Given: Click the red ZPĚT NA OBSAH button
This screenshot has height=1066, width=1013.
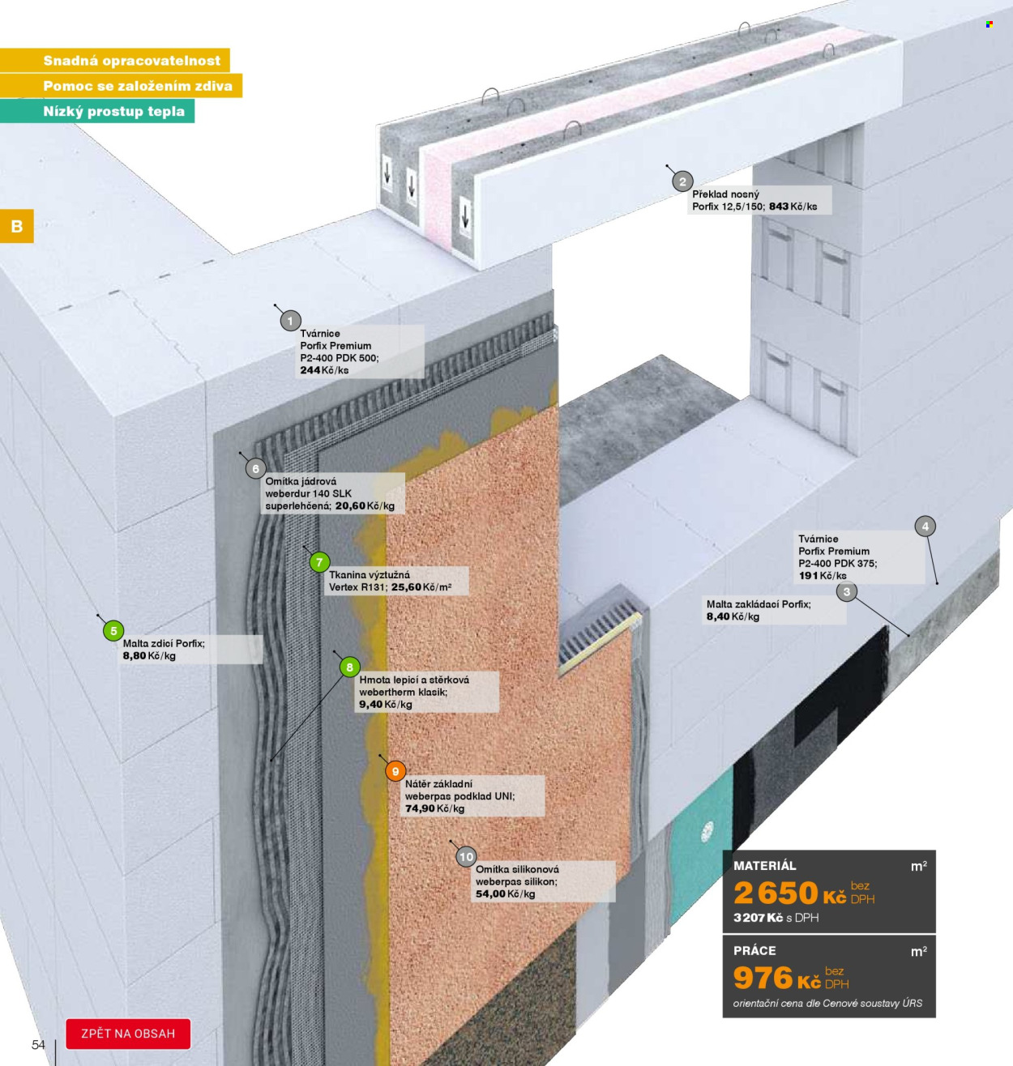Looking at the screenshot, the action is click(128, 1034).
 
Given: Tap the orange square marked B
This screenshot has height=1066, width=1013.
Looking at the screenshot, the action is click(17, 226).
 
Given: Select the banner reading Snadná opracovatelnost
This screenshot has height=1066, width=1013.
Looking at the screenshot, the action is click(114, 60).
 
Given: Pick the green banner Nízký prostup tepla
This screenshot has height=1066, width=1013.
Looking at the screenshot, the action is click(97, 111).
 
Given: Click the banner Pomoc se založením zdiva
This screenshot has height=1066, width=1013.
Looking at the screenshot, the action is click(121, 86).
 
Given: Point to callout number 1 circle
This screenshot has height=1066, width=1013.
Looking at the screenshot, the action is click(290, 321).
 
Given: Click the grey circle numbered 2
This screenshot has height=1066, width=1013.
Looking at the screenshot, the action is click(682, 181).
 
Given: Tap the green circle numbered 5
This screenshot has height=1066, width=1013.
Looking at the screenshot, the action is click(113, 630).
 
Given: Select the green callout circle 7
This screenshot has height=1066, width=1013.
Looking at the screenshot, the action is click(319, 562).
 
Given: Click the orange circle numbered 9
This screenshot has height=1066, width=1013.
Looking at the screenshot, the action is click(395, 771).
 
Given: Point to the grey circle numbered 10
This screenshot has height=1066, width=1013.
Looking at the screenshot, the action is click(466, 857).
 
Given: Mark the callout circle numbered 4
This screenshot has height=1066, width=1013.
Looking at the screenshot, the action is click(925, 526).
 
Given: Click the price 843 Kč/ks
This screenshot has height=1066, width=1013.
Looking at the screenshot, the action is click(793, 207).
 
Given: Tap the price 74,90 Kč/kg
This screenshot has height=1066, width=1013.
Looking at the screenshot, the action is click(434, 808).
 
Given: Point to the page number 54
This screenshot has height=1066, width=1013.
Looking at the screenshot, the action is click(38, 1045).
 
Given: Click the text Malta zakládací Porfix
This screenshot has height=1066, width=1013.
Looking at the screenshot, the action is click(759, 604).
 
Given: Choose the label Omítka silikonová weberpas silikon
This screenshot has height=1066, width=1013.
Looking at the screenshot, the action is click(516, 875).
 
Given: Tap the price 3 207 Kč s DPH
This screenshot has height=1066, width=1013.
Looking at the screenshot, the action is click(776, 918).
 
